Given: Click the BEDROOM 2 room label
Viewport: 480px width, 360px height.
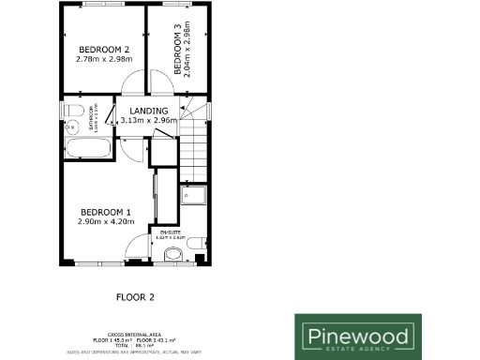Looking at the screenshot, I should (x=103, y=50).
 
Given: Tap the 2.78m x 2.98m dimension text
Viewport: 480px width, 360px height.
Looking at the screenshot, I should (x=103, y=60).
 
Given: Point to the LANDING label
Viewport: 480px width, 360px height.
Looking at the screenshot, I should (x=149, y=111).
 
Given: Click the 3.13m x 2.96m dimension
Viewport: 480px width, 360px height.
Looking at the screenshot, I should (x=149, y=120).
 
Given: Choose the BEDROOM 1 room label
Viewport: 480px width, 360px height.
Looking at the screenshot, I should (x=105, y=211).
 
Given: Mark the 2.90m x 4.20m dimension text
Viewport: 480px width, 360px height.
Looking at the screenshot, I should (x=105, y=221).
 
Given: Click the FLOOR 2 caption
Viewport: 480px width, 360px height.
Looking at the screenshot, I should (x=134, y=298).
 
